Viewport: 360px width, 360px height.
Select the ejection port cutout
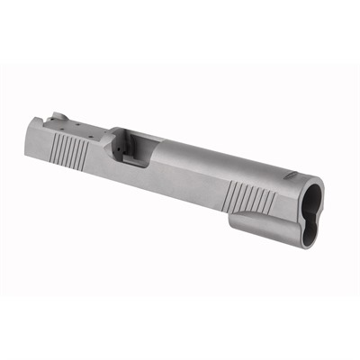(135, 146)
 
